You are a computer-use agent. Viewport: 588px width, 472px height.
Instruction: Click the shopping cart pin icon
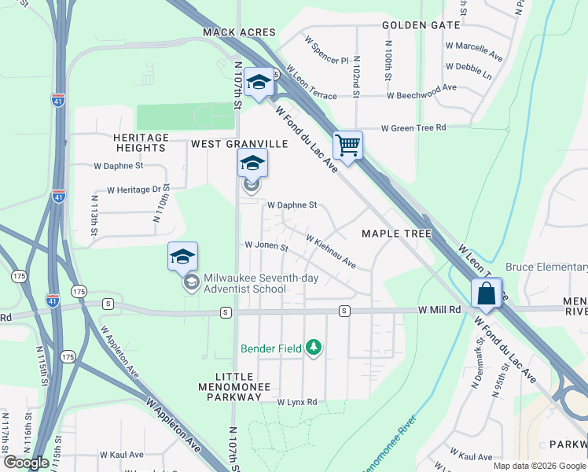tap(347, 145)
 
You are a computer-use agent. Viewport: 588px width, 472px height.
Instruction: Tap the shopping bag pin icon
tap(487, 293)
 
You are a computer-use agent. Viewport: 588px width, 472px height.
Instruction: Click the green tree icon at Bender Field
tap(314, 347)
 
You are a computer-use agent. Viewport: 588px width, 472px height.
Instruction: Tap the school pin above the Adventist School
tap(182, 256)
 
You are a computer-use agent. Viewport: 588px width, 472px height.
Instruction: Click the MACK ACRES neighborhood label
tap(239, 32)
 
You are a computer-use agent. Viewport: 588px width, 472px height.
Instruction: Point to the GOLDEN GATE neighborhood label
tap(421, 25)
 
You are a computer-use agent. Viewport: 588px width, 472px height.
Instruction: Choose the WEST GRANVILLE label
tap(240, 144)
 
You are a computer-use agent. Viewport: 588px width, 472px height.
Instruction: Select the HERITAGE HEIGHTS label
tap(142, 142)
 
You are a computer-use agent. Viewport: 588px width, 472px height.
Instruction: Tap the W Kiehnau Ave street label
tap(331, 252)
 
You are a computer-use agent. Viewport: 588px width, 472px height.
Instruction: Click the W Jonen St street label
tap(267, 246)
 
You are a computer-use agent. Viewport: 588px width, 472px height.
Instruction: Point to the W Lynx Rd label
tap(296, 402)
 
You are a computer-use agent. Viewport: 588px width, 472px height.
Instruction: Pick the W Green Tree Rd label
tap(413, 127)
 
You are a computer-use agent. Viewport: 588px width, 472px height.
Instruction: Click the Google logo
tap(27, 463)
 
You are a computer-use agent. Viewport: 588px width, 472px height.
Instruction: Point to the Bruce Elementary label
tap(546, 267)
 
